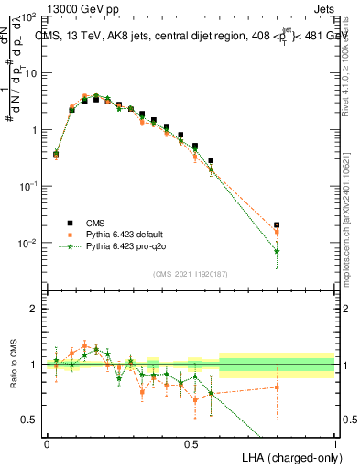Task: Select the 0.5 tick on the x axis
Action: pyautogui.click(x=191, y=442)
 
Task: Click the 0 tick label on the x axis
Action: pyautogui.click(x=47, y=442)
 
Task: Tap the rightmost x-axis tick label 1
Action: pyautogui.click(x=335, y=442)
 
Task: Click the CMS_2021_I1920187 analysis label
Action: pyautogui.click(x=190, y=274)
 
